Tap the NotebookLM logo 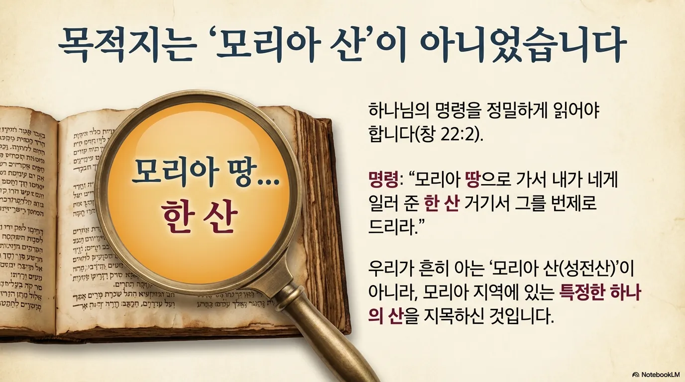click(656, 374)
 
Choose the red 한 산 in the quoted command click(441, 203)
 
